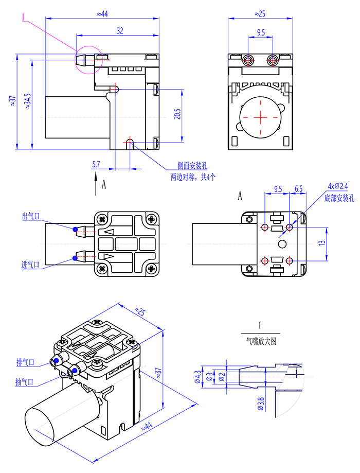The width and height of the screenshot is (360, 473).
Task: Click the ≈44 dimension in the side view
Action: pyautogui.click(x=102, y=13)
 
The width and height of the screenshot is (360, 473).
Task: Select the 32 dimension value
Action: pyautogui.click(x=119, y=31)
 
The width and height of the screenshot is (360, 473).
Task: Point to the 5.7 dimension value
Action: pyautogui.click(x=96, y=164)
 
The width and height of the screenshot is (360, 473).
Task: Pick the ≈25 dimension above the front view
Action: pyautogui.click(x=260, y=13)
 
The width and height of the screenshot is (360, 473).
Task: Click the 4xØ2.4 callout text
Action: pyautogui.click(x=337, y=186)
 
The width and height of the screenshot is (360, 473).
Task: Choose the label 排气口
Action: pyautogui.click(x=25, y=363)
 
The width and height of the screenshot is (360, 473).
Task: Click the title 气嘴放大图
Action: pyautogui.click(x=261, y=341)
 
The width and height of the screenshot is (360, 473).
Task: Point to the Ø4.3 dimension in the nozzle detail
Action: pyautogui.click(x=197, y=378)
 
